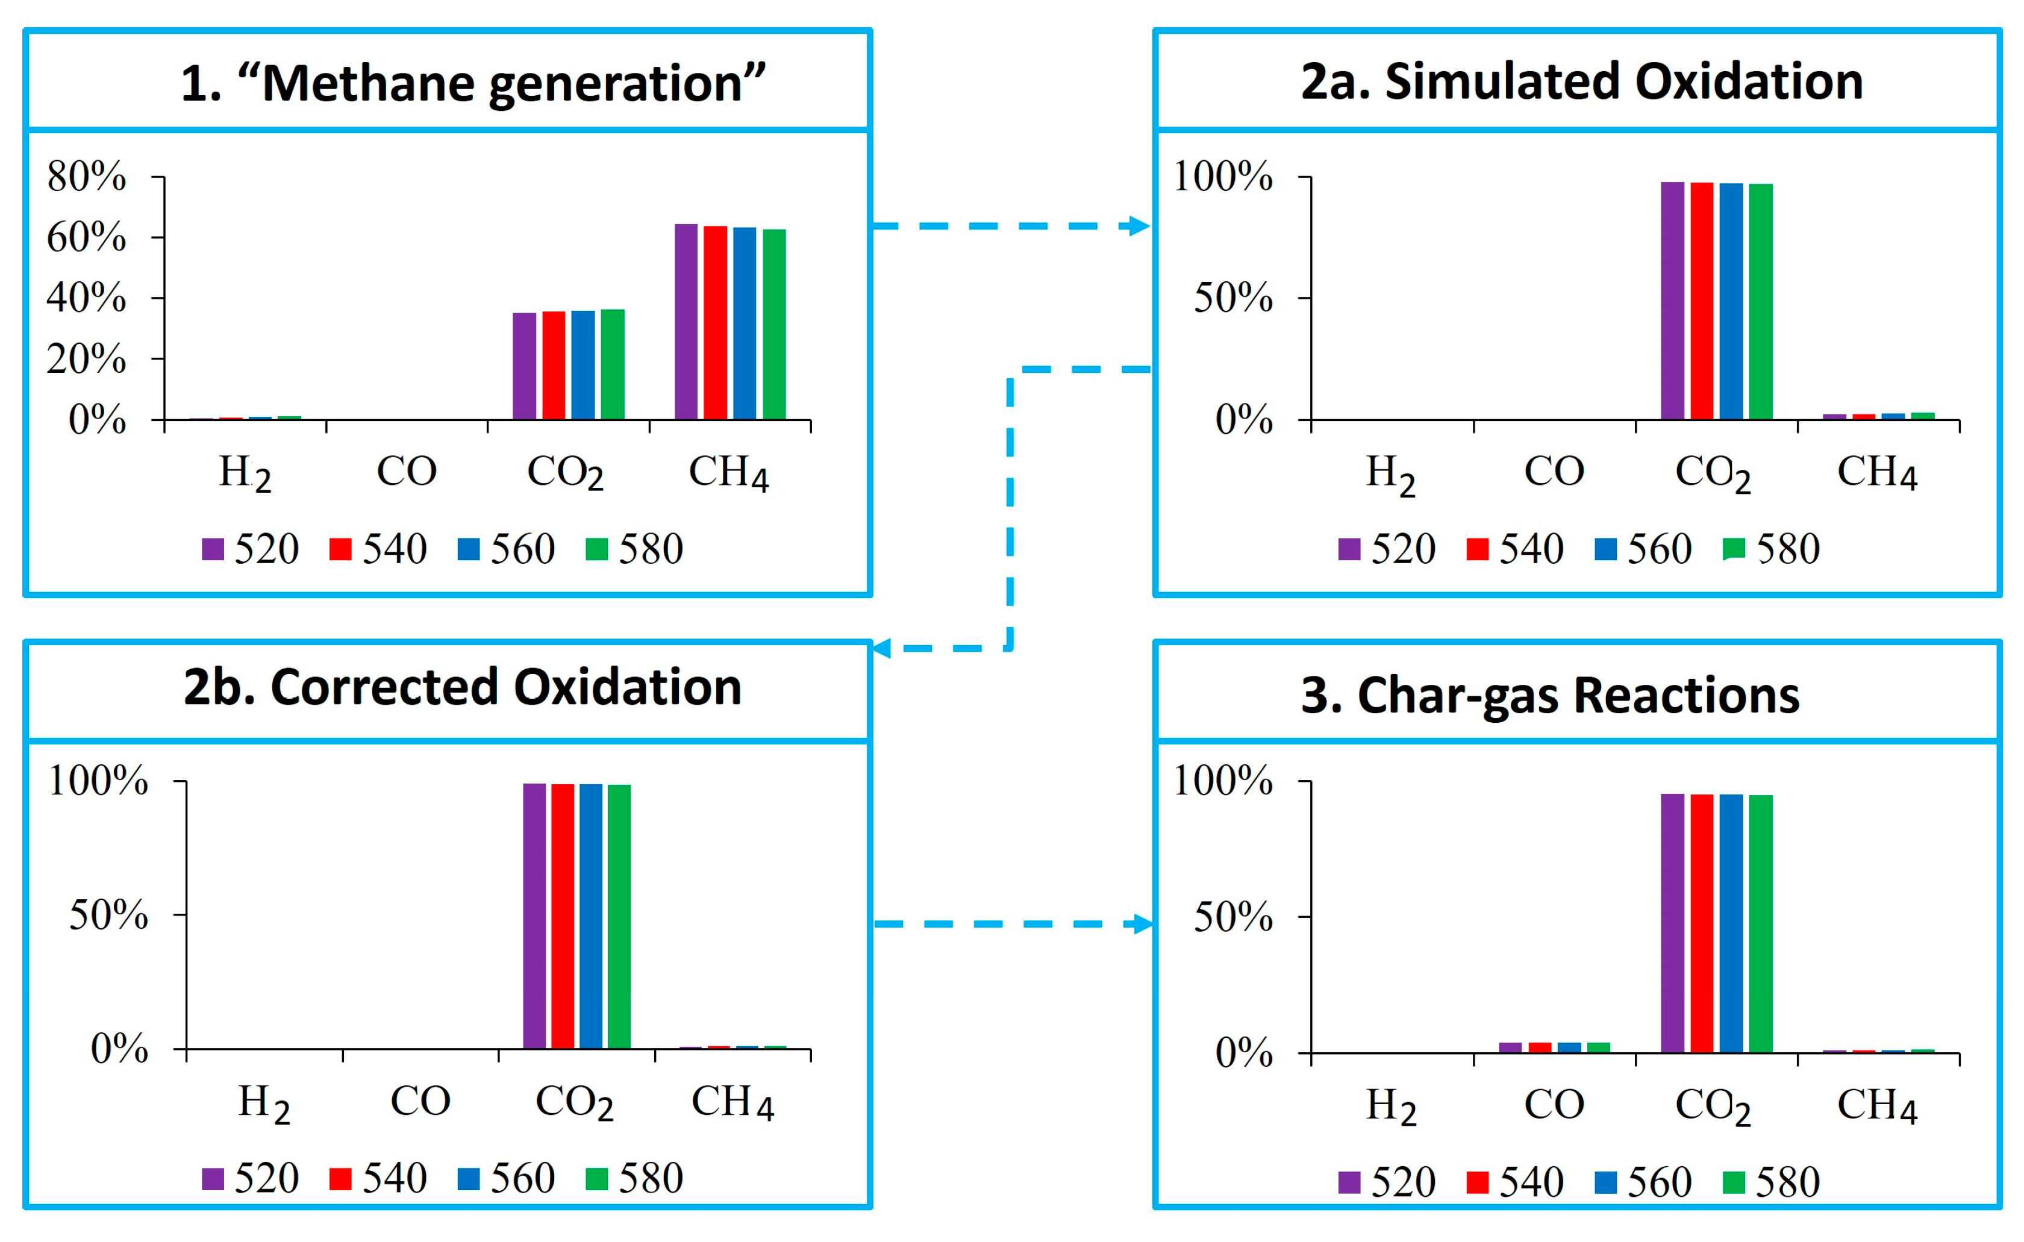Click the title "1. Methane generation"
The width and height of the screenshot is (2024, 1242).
472,83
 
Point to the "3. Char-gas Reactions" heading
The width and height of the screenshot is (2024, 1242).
1550,695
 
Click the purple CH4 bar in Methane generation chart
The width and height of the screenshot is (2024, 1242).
686,322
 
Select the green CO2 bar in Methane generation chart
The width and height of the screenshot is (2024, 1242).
612,365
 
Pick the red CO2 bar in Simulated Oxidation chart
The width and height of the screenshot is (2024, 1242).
1701,301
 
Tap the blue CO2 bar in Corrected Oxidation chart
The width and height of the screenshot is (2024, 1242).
590,916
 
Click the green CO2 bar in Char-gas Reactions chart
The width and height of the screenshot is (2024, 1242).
1760,923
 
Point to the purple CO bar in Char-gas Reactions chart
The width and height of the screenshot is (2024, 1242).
1510,1047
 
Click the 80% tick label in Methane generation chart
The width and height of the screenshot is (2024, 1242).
86,176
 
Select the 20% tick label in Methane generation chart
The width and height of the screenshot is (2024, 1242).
86,359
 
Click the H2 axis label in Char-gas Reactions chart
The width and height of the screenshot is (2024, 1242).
1391,1106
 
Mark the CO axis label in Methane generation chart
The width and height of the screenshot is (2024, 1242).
407,472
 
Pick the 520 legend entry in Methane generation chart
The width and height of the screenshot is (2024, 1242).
251,549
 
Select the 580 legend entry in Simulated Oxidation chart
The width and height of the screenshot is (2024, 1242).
1771,549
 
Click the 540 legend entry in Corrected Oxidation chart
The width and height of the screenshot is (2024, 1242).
379,1179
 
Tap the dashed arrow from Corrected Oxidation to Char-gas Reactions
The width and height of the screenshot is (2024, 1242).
1013,924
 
